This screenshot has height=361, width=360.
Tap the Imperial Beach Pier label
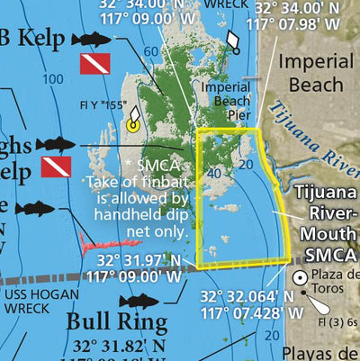pos(225,101)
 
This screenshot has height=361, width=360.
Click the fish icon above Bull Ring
pos(138,301)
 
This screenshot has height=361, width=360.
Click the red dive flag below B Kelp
pos(94,64)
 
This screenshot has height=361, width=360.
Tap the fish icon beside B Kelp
pos(89,39)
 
